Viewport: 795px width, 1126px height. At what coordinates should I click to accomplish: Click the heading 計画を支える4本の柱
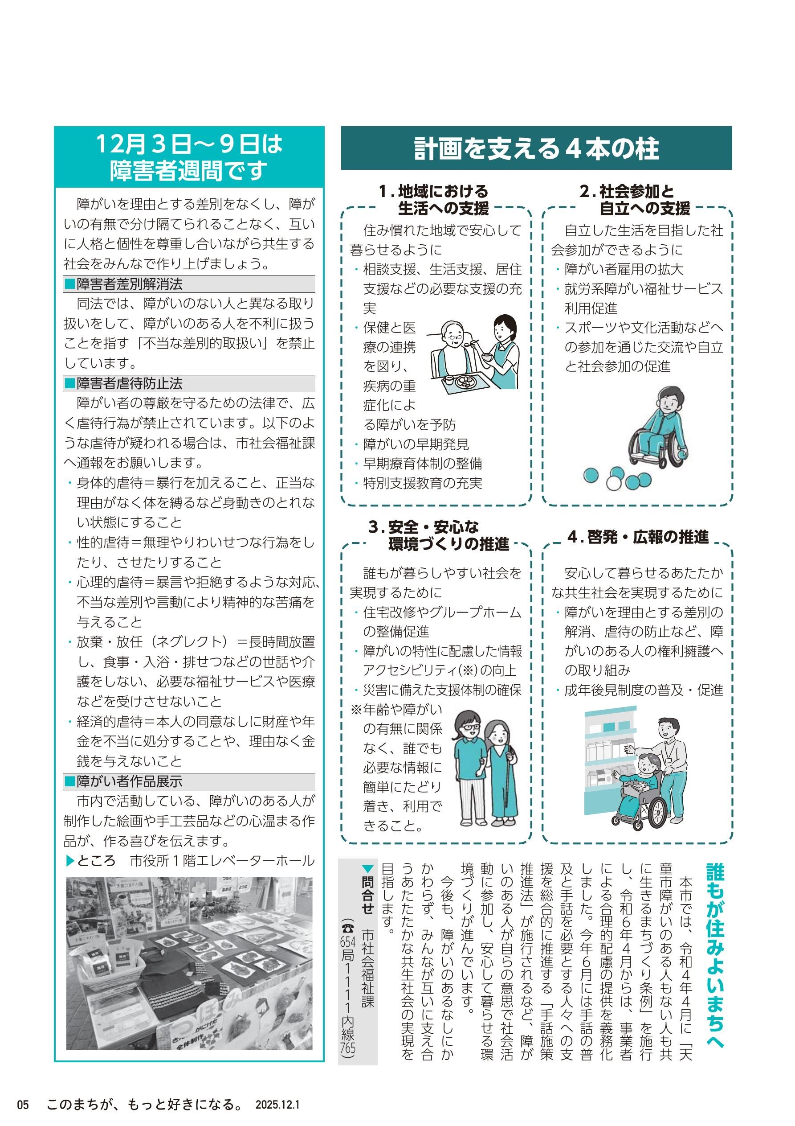click(x=536, y=148)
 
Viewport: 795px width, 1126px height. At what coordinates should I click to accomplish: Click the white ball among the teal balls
click(x=614, y=483)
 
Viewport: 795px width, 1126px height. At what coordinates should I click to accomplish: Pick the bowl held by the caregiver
click(x=487, y=356)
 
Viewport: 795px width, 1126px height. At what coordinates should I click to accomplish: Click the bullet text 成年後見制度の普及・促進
click(x=644, y=690)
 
